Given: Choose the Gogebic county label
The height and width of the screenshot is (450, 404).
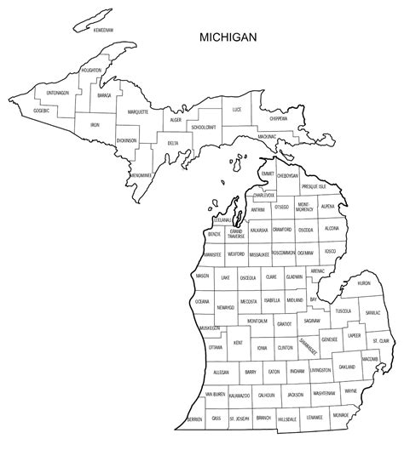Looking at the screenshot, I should (41, 110).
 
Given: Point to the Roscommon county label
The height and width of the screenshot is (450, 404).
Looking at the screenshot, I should (284, 253).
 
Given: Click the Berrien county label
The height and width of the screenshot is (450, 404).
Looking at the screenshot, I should (196, 419).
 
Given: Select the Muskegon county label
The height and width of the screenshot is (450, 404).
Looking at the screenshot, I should (209, 328).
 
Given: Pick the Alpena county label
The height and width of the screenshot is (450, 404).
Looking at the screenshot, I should (326, 207).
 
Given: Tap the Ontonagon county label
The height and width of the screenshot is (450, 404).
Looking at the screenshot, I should (58, 93).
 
